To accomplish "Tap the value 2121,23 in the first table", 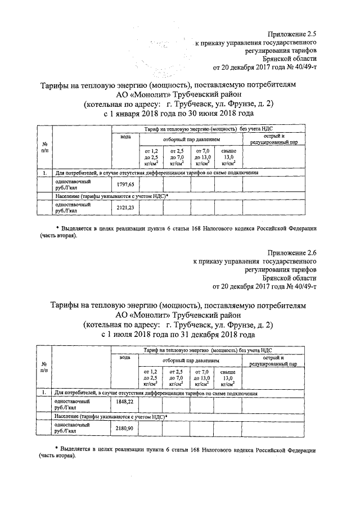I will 125,207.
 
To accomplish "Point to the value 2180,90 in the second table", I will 125,429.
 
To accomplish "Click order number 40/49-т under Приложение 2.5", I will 304,67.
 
